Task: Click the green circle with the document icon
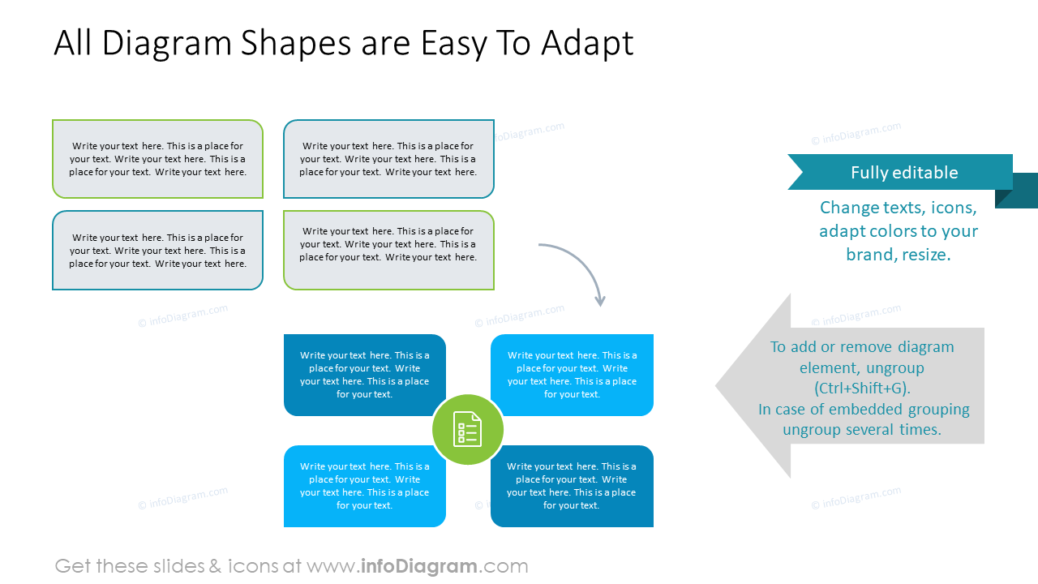(467, 430)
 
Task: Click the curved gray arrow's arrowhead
(600, 300)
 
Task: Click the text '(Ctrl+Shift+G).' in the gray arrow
(862, 388)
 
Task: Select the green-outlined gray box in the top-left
(157, 159)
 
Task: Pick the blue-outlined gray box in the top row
(388, 159)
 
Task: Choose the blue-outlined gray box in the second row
(157, 250)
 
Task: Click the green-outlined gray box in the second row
(388, 250)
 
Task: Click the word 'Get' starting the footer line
(73, 566)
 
